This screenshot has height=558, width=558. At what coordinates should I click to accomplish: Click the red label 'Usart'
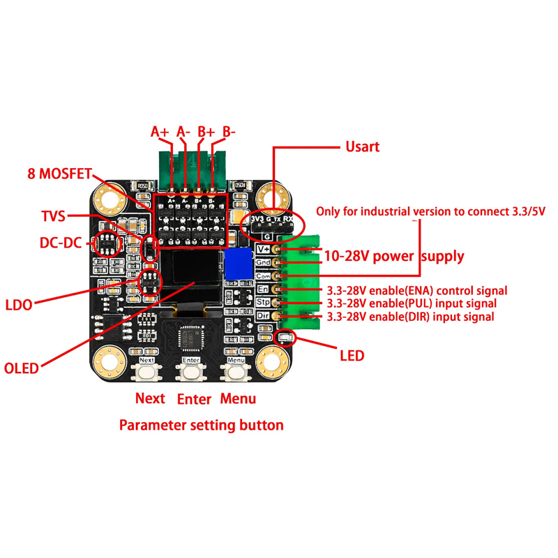tap(363, 146)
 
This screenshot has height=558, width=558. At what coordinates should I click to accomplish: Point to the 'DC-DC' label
tap(61, 243)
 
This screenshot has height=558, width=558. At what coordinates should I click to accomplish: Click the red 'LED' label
tap(352, 356)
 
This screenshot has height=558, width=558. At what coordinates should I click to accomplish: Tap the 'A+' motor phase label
tap(160, 131)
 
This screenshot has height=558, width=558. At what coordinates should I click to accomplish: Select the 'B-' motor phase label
tap(229, 131)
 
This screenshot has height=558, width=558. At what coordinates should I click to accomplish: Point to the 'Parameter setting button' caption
tap(202, 425)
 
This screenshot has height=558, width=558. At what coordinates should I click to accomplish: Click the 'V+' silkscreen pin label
tap(264, 248)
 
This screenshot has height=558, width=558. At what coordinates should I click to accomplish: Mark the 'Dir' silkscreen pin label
tap(263, 316)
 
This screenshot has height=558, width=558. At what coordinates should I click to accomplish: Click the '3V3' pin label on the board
tap(257, 220)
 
